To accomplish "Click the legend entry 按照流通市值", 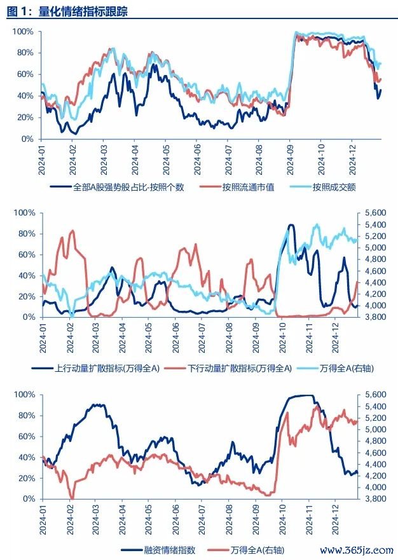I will pos(248,188).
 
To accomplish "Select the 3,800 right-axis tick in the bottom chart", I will pos(374,499).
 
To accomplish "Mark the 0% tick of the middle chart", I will pos(27,317).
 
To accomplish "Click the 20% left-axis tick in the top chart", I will pos(24,118).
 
